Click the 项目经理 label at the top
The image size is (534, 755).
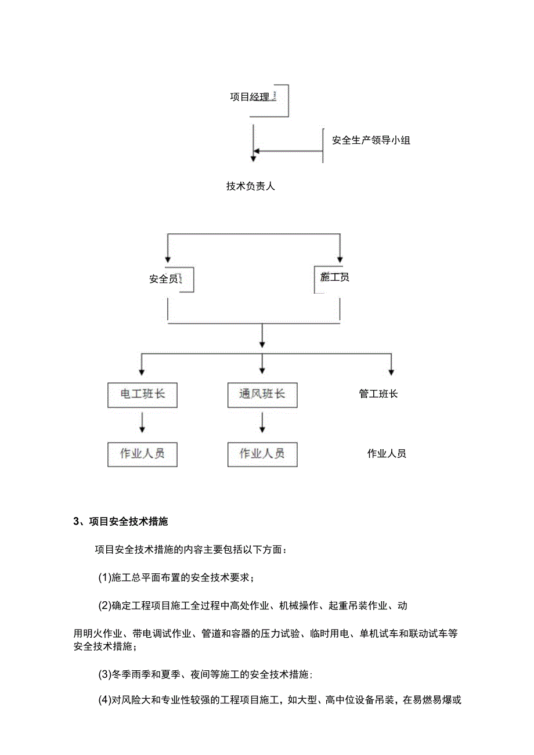(x=250, y=97)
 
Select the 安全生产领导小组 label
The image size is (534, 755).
(x=371, y=140)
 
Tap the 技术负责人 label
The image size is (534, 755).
(x=250, y=186)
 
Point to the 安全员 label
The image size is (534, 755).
(x=163, y=279)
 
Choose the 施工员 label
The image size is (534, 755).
(x=335, y=277)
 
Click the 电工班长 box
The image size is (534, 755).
(x=142, y=395)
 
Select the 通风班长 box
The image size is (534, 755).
(x=262, y=395)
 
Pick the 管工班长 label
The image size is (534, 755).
(x=378, y=394)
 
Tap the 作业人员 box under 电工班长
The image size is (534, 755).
(x=142, y=454)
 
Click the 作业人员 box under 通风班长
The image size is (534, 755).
(x=262, y=454)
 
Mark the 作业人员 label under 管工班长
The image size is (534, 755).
(x=387, y=454)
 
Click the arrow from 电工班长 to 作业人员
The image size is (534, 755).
(x=142, y=422)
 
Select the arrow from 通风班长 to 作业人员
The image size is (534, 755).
(x=262, y=422)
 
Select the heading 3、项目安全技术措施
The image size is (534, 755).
(x=121, y=521)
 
